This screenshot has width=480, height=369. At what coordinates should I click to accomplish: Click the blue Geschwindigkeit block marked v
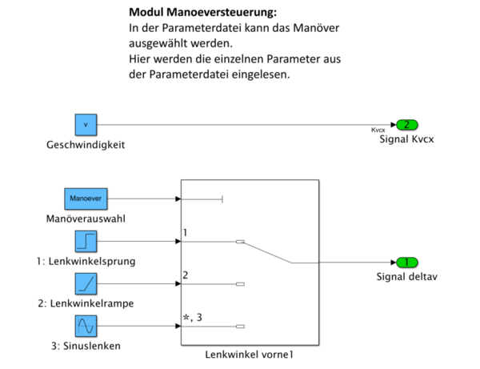tap(86, 125)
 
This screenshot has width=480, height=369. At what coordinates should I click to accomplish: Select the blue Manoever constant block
tap(86, 199)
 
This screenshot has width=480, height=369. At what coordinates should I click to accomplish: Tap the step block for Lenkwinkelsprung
tap(86, 241)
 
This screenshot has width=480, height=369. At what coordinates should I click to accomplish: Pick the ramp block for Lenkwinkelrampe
tap(86, 283)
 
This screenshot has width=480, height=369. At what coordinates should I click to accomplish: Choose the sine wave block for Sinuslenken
tap(86, 326)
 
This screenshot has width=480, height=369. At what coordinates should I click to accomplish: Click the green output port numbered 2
tap(406, 125)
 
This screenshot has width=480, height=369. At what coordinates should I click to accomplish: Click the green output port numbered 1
tap(406, 263)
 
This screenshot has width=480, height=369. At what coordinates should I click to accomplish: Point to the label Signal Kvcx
tap(407, 139)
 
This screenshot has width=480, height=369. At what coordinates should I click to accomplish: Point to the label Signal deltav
tap(407, 278)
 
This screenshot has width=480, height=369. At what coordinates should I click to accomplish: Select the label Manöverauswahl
tap(86, 219)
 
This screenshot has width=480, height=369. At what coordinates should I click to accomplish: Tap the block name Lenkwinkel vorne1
tap(250, 353)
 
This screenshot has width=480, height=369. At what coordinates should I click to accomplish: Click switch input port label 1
tap(185, 234)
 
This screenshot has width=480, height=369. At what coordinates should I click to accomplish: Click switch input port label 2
tap(185, 276)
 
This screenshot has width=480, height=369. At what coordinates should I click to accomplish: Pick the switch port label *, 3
tap(191, 319)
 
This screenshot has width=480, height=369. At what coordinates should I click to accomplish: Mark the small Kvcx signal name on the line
tap(378, 130)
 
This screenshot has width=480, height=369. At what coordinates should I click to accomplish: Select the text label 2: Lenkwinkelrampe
tap(86, 303)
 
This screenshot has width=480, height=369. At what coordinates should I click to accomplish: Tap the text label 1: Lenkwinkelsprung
tap(86, 261)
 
